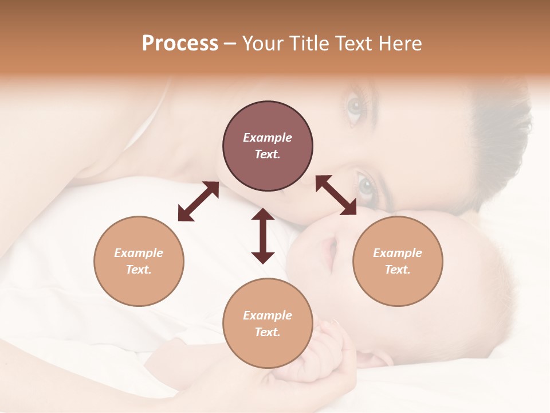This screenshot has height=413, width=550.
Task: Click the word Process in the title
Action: coord(180,44)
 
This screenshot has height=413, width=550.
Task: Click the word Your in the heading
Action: coord(261,44)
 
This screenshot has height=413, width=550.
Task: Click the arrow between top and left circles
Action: coord(198,201)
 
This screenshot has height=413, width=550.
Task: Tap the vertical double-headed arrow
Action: coord(263,236)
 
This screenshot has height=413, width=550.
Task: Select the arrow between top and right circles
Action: coord(336,195)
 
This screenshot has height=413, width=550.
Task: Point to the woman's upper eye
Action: coord(355,107)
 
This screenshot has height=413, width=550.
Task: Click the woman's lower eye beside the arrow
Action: coord(367,185)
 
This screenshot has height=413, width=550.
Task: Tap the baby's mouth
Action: coord(330,255)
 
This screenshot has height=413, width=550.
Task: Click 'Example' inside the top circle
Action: coord(268,138)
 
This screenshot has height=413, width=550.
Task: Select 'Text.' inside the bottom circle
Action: coord(268,332)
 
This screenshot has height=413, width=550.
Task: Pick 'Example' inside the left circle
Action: coord(139,253)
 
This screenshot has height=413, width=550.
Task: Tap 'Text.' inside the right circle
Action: coord(398,270)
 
